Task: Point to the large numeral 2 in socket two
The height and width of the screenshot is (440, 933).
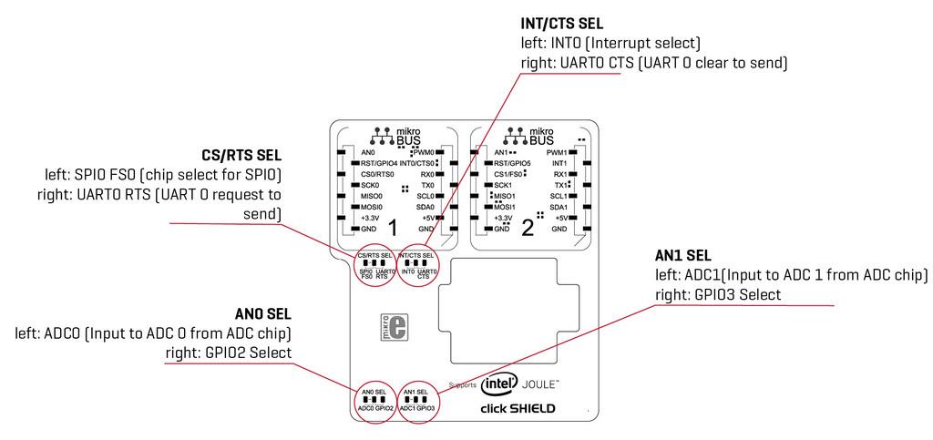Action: point(528,226)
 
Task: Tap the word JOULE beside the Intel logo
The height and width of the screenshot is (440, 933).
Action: point(540,384)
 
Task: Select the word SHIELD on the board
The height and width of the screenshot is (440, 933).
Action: point(532,408)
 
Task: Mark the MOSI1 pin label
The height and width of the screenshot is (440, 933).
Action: point(504,207)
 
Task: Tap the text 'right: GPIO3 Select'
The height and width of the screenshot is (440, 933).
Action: point(716,294)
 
